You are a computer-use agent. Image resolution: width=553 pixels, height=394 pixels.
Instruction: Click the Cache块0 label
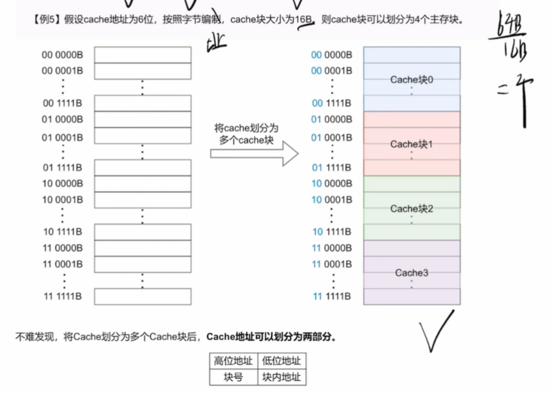[412, 80]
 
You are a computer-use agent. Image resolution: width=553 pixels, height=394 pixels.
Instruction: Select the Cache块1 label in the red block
[412, 144]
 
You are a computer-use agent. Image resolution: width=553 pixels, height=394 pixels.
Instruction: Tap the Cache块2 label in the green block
[412, 209]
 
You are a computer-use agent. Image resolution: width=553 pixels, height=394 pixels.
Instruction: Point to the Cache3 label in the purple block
[412, 273]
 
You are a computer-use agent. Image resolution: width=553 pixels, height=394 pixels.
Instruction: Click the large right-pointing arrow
[254, 153]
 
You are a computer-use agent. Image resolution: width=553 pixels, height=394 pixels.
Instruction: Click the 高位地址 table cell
[233, 361]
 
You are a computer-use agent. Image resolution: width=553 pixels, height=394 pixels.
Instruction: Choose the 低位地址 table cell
[281, 361]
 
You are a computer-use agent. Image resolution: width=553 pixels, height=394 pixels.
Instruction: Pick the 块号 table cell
[233, 377]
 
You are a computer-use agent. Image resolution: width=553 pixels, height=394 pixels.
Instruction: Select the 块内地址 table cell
[281, 377]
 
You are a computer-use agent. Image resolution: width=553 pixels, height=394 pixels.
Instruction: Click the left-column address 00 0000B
[62, 55]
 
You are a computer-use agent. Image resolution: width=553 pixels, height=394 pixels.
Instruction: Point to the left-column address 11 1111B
[62, 297]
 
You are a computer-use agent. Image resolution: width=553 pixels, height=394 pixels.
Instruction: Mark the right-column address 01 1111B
[331, 168]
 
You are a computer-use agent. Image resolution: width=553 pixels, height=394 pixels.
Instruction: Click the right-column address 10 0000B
[331, 184]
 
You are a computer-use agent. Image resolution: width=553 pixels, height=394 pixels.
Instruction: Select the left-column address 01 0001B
[62, 137]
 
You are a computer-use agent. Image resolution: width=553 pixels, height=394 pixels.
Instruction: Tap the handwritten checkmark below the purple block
[436, 330]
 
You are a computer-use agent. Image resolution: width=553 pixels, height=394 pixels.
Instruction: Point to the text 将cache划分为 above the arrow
[246, 129]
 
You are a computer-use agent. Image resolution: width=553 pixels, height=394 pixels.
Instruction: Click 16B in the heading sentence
[304, 21]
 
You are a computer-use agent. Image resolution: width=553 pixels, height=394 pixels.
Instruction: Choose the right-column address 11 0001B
[331, 264]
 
